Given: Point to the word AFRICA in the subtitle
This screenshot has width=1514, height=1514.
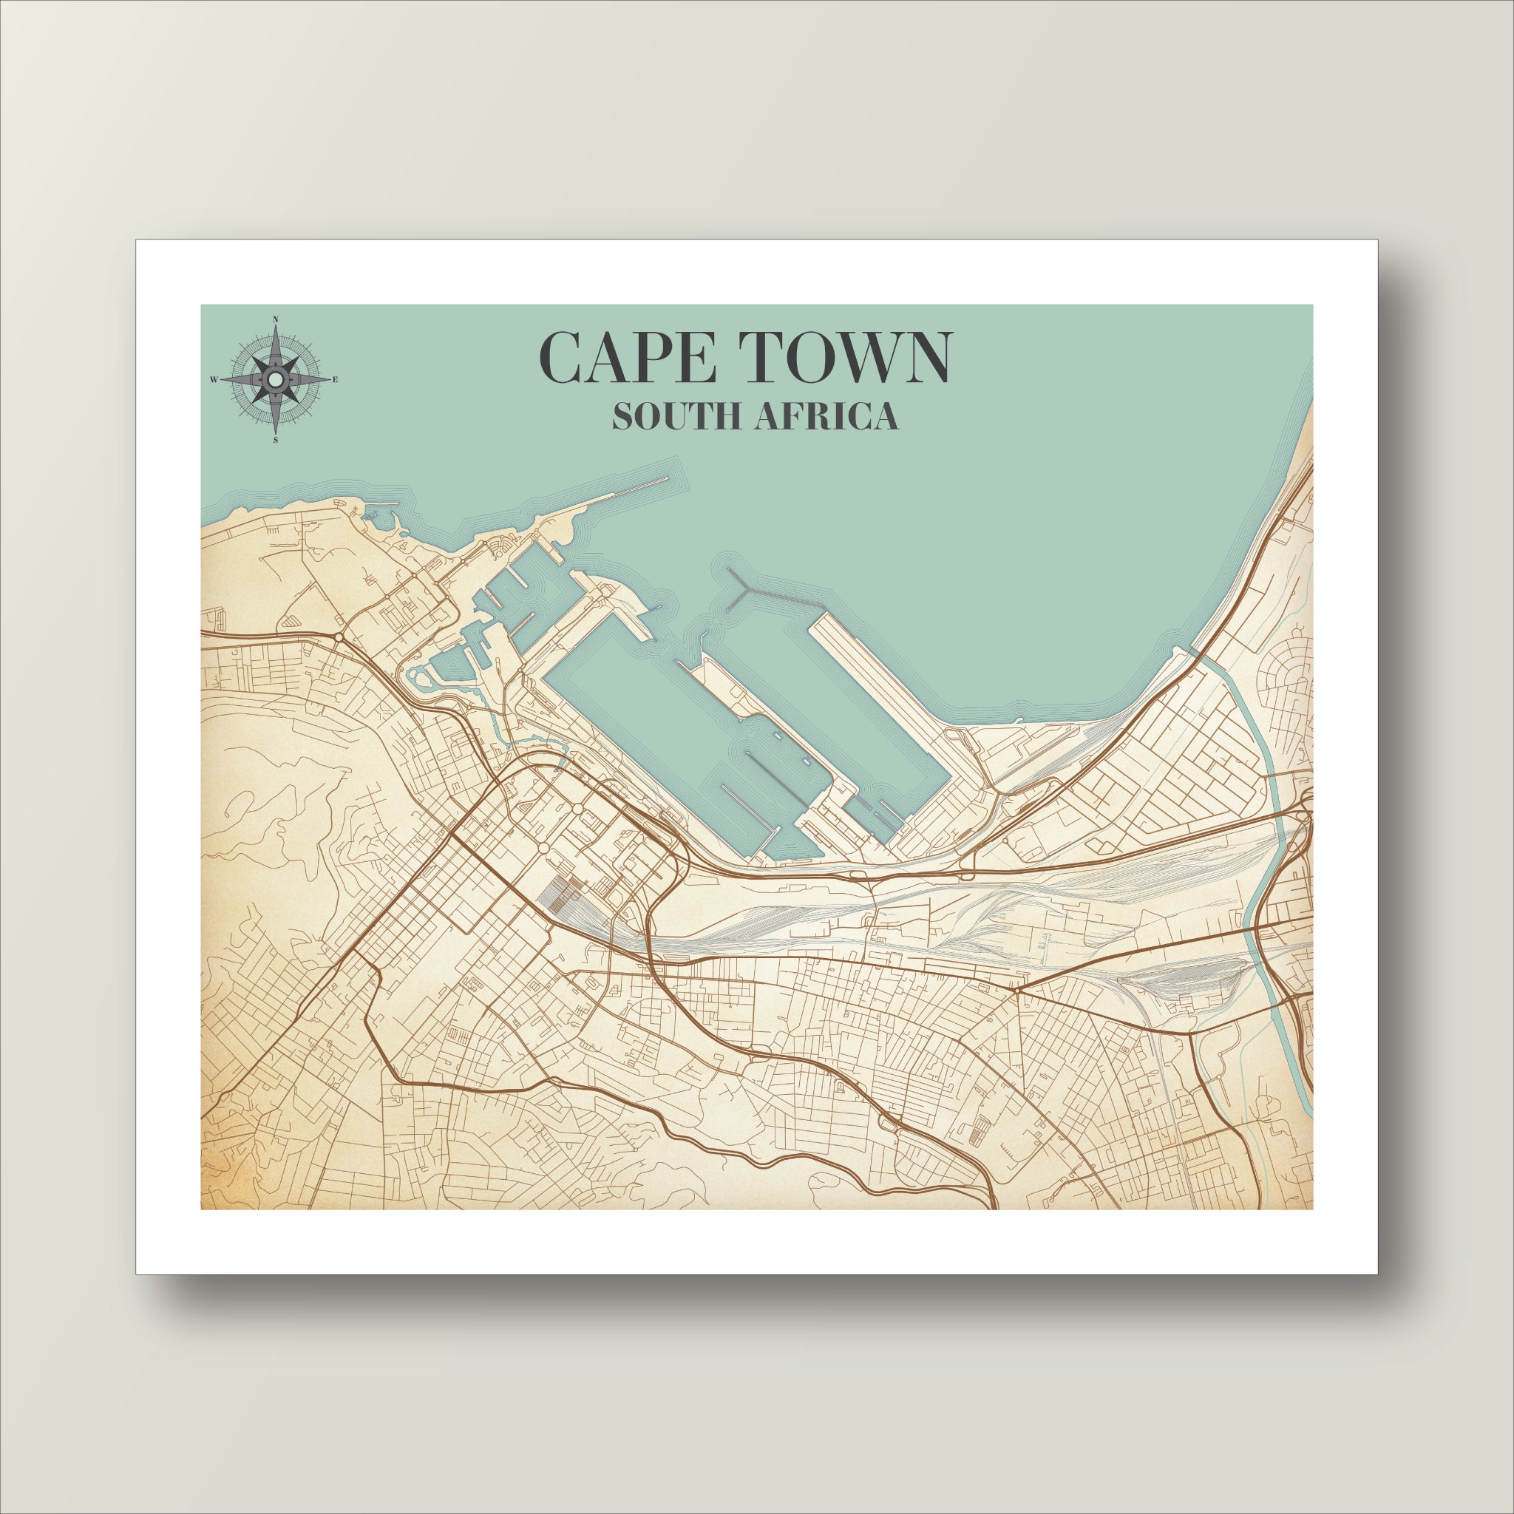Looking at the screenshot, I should click(826, 417).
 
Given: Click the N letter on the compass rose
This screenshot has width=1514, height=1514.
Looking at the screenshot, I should click(276, 319).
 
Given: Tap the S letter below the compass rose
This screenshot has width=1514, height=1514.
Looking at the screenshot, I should click(276, 441).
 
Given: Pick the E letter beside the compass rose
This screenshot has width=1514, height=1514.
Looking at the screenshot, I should click(336, 380).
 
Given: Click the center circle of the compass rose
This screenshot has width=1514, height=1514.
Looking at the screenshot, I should click(276, 379).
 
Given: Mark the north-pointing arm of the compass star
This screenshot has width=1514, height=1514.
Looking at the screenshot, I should click(276, 344).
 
